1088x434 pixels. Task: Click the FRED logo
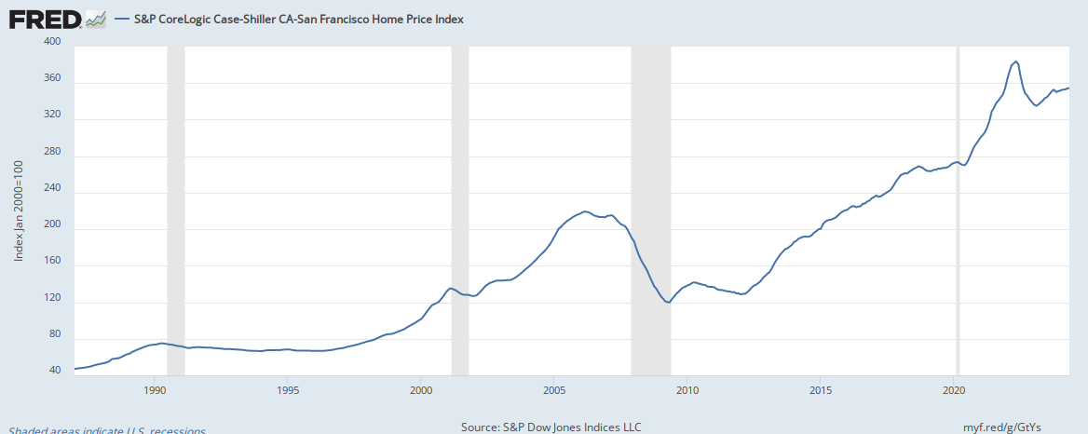click(44, 18)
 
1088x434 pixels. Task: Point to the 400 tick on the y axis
click(52, 42)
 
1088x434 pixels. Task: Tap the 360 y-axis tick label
click(52, 78)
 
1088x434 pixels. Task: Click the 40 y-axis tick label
click(54, 371)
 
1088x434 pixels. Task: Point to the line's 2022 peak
click(1015, 61)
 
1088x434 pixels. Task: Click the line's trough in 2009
click(668, 302)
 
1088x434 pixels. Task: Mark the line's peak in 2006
click(585, 211)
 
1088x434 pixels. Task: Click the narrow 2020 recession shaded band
click(958, 209)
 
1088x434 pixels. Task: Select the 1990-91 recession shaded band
click(175, 209)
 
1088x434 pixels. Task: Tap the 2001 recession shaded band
click(459, 209)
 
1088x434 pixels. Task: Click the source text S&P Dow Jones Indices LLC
click(551, 427)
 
